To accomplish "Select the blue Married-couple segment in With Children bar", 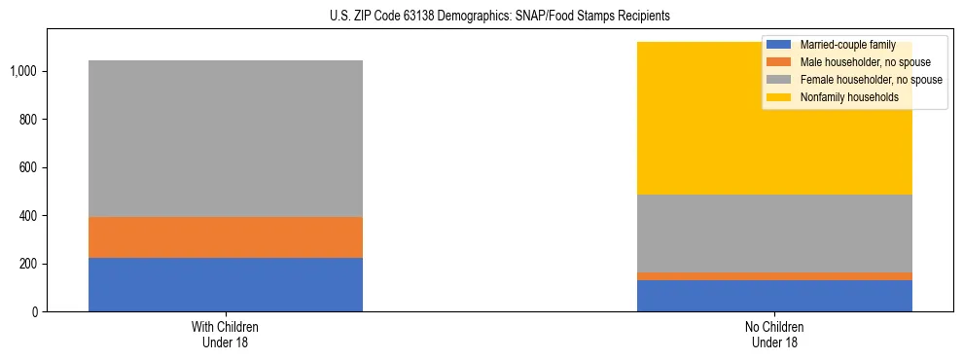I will pos(225,284).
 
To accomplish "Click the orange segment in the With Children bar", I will pos(225,237).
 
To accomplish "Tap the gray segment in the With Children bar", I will pos(225,138).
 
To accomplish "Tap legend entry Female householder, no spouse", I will pos(854,80).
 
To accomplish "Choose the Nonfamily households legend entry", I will pos(840,97).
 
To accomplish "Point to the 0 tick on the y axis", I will pos(37,312).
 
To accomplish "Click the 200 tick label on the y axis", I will pos(30,264).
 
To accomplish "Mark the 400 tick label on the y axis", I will pos(30,216).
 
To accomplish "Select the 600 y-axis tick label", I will pos(30,167).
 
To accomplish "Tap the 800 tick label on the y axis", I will pos(30,120).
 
